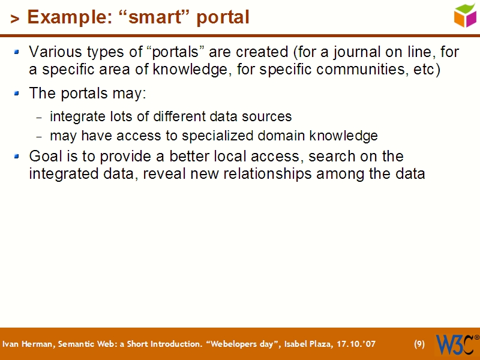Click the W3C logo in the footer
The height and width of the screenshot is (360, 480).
[x=457, y=344]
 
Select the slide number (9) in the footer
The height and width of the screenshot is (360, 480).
[x=419, y=344]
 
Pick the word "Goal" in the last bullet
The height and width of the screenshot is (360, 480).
[x=43, y=157]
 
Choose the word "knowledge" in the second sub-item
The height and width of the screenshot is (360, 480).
[x=348, y=136]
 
